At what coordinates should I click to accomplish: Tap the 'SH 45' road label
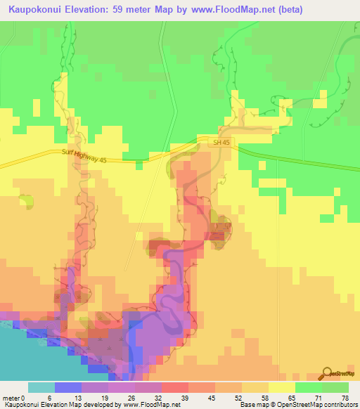[221, 143]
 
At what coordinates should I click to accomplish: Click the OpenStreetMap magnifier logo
[328, 373]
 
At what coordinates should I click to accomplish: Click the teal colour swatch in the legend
[41, 388]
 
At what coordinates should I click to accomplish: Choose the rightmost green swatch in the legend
[335, 388]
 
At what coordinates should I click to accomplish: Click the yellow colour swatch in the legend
[282, 388]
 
